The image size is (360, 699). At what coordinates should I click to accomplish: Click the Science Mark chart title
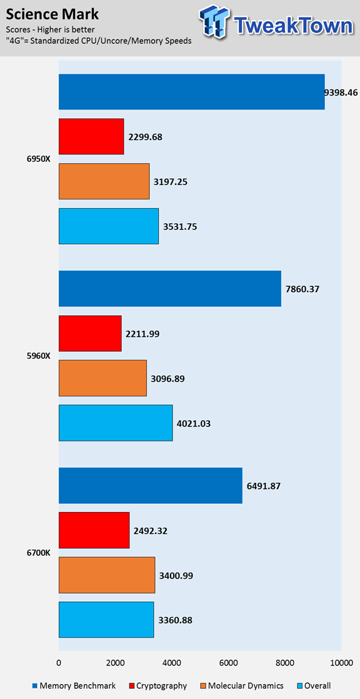coord(52,15)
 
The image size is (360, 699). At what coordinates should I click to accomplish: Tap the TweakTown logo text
coord(292,26)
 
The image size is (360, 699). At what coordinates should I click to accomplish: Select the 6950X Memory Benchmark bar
coord(192,91)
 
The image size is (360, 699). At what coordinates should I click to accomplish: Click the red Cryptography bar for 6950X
coord(91,136)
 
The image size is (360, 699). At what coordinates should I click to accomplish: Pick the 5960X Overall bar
coord(116,423)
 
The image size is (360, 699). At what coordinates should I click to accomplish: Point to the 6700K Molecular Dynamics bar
coord(107,575)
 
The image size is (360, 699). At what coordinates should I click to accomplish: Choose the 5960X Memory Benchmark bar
coord(170,288)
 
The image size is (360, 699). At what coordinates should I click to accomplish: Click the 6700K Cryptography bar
coord(94,530)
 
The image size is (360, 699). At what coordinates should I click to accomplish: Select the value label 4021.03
coord(194,423)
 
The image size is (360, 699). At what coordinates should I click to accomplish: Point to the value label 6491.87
coord(264,486)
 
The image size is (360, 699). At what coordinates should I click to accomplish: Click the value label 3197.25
coord(171,181)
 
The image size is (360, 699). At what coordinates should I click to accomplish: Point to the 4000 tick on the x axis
coord(172,663)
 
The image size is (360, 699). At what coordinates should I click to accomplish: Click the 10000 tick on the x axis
coord(342,663)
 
